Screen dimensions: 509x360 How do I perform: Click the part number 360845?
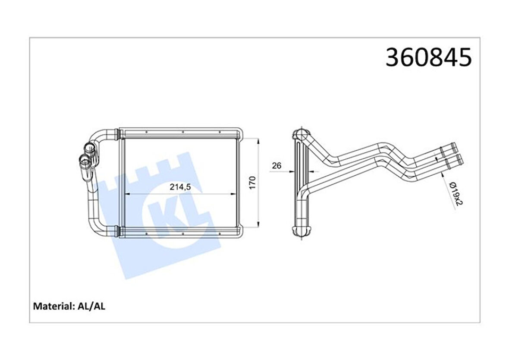428,57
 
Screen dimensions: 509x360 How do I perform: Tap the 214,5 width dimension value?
180,187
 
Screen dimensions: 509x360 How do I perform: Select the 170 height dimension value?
253,183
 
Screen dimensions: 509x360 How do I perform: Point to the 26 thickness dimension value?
276,166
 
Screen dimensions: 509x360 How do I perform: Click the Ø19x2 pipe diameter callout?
456,194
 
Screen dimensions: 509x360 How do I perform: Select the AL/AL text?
91,306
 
